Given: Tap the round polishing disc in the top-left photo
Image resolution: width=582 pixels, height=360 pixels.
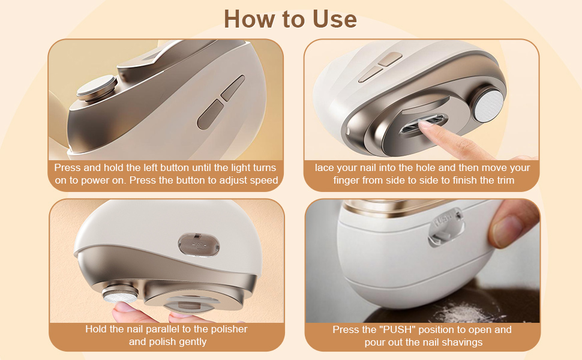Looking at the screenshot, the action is point(97,86).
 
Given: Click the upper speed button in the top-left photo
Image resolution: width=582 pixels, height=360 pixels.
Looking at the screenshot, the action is point(233,88).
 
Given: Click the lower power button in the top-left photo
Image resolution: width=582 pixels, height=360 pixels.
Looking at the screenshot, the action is point(211,114).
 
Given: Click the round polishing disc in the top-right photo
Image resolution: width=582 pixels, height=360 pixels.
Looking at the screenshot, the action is point(489,104).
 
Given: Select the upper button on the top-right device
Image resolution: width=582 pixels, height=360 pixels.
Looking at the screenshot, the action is point(390,59).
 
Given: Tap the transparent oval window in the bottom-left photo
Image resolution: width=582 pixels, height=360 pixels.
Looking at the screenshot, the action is point(198,245).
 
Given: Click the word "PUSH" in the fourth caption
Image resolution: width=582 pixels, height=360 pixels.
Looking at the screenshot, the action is point(398,329).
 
